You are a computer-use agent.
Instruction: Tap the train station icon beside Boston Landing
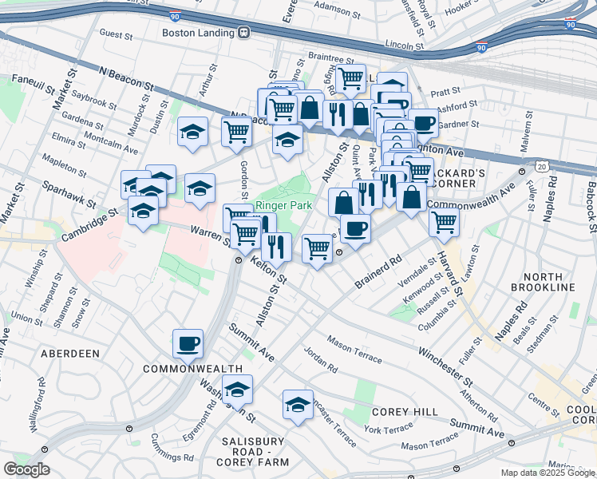(x=245, y=33)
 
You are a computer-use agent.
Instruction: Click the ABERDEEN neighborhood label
(x=72, y=353)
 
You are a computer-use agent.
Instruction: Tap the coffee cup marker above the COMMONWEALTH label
(x=188, y=344)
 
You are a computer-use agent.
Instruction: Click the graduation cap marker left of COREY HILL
(x=298, y=405)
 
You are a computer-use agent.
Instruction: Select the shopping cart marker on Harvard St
(x=444, y=221)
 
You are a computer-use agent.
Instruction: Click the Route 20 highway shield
(x=543, y=165)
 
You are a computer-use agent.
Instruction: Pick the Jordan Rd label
(x=321, y=358)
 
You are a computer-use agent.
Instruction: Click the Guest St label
(x=116, y=34)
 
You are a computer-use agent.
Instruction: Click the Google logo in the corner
(x=27, y=469)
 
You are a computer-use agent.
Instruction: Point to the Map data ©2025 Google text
(x=547, y=473)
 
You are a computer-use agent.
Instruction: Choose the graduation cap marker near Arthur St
(x=192, y=131)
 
